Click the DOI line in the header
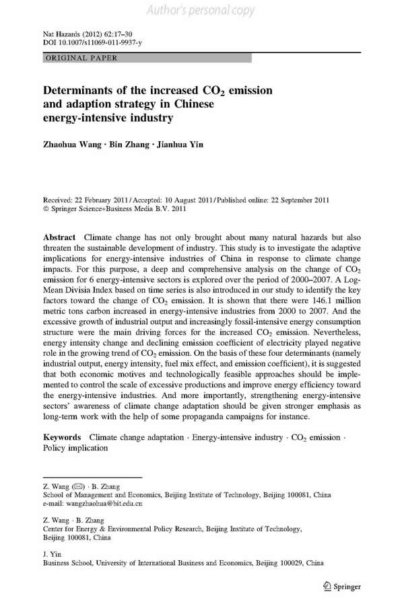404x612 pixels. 88,42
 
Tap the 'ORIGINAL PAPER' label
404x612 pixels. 81,58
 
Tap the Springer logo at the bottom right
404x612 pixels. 343,584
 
